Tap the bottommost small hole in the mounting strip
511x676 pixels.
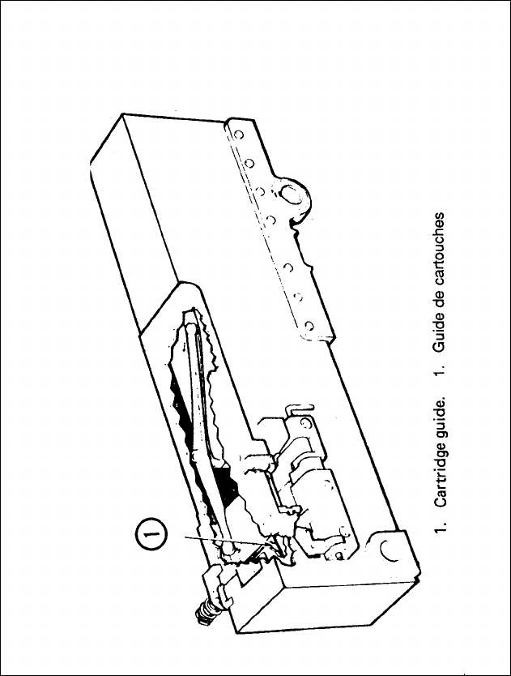point(309,328)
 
